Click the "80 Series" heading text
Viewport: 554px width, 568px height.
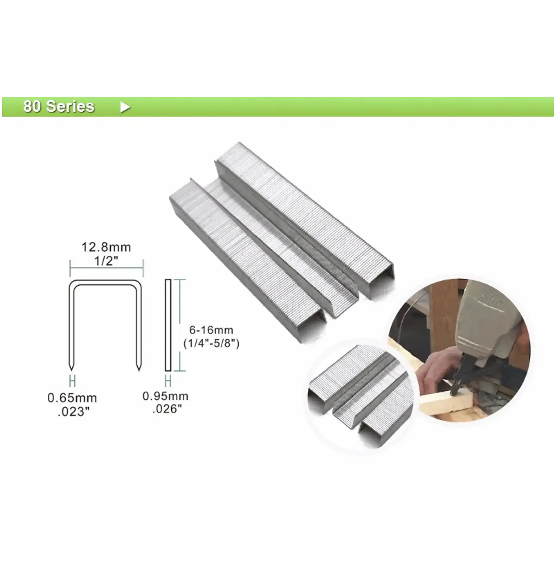pos(59,107)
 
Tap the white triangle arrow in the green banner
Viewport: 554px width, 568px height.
pos(125,107)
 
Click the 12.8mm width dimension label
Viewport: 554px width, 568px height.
pos(106,247)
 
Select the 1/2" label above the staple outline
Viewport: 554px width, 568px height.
pos(106,260)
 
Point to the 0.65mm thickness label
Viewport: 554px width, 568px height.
pos(72,398)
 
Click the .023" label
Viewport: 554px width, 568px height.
pos(73,412)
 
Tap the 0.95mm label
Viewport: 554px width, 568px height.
pos(165,396)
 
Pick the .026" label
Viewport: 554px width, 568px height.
pos(167,409)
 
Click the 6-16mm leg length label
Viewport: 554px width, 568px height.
pos(211,330)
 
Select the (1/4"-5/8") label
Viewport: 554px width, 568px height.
pos(211,343)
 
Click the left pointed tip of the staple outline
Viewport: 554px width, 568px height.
pos(71,370)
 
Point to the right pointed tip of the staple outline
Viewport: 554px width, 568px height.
pos(139,370)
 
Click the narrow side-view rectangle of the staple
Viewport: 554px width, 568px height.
pos(168,325)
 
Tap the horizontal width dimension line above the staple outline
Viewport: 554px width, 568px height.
pos(107,268)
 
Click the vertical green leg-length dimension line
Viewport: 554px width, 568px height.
pos(180,325)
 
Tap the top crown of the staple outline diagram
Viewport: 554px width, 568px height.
pos(105,282)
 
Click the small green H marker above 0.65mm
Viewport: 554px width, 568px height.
pos(72,381)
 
